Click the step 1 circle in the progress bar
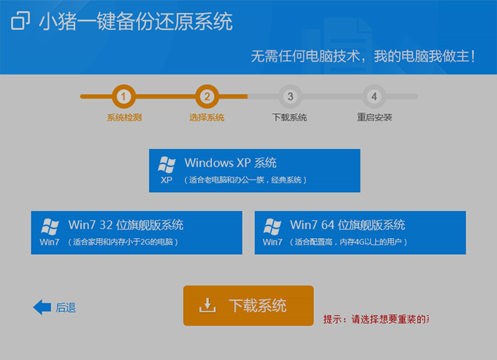pos(124,96)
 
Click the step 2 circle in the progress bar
pos(207,96)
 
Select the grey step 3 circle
pos(290,96)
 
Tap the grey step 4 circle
pos(373,96)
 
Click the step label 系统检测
pos(124,118)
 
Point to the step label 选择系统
pos(207,118)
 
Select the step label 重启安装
pos(374,118)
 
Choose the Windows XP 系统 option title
pos(230,163)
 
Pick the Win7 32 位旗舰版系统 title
pos(126,225)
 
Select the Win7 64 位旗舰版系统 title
pos(347,225)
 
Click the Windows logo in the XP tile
pos(167,164)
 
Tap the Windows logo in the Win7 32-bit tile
pos(50,226)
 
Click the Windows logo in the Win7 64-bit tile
pos(273,226)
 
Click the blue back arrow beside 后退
pos(42,307)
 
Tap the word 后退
pos(66,307)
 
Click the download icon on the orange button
pos(208,305)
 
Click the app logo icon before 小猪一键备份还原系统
pos(21,21)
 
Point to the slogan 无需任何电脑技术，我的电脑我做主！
pos(363,55)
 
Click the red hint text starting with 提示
pos(376,319)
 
